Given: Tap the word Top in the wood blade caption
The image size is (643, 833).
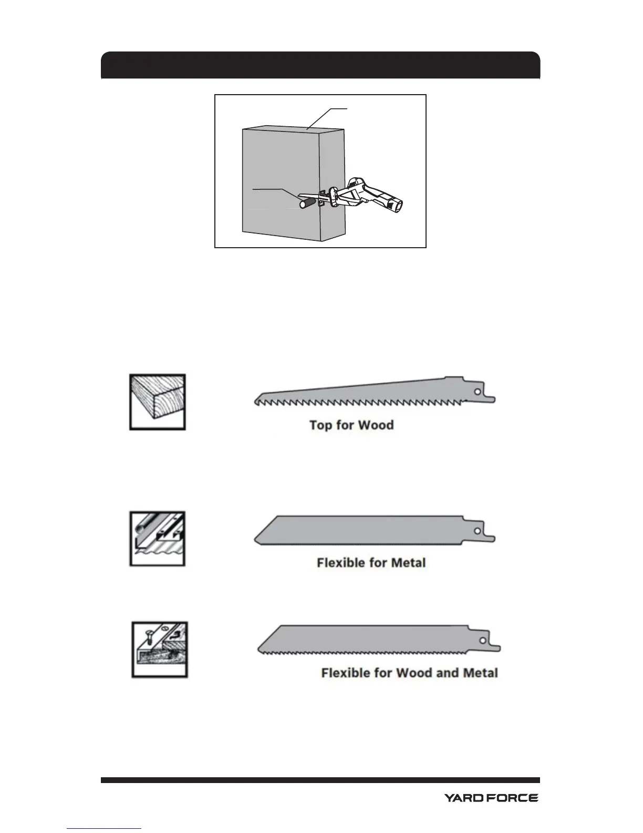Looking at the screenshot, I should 320,425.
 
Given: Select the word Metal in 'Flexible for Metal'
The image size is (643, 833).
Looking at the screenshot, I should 408,563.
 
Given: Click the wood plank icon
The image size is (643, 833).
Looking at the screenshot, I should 158,402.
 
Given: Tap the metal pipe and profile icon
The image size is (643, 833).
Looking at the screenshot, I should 158,539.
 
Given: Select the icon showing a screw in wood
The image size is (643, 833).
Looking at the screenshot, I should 159,650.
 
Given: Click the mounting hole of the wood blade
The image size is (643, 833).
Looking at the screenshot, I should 476,392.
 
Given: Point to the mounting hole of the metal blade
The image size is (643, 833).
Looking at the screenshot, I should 477,531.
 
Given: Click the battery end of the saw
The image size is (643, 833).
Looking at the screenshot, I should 400,207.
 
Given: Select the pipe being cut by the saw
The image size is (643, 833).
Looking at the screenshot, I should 304,204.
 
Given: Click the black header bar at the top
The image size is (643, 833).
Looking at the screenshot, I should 320,65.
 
